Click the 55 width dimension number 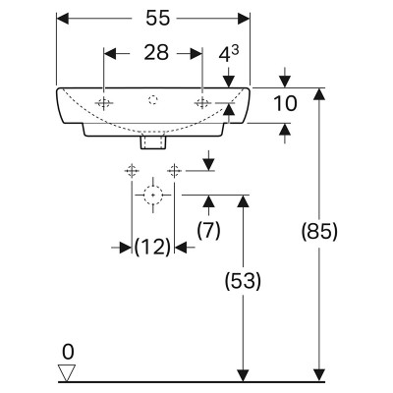tap(158, 18)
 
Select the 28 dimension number tap(156, 53)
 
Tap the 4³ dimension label tap(229, 54)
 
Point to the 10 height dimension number tap(285, 103)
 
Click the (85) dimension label tap(319, 232)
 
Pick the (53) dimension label tap(243, 281)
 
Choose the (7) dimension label tap(208, 230)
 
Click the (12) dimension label tap(152, 247)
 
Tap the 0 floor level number tap(68, 353)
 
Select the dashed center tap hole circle tap(152, 100)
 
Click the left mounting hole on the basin tap(104, 103)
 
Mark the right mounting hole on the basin tap(202, 103)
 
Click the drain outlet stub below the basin tap(153, 142)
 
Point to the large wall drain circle tap(153, 195)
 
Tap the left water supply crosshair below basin tap(132, 171)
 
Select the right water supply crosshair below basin tap(174, 171)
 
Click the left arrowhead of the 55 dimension tap(63, 19)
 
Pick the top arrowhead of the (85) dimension tap(319, 94)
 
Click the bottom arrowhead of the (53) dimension tap(243, 375)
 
